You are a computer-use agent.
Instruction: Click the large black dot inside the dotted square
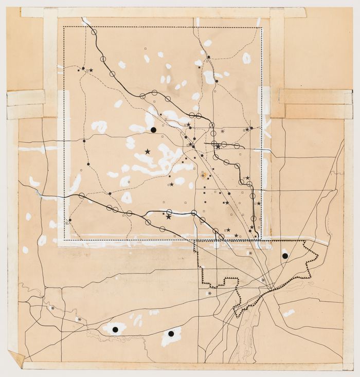pos(153,130)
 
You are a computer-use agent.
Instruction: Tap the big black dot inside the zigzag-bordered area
pos(284,255)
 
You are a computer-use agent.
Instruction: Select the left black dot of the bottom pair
pos(116,328)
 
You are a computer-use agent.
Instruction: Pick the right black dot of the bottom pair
pos(171,333)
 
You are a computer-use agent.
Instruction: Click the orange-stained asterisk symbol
pos(203,175)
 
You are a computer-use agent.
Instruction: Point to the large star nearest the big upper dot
pos(148,151)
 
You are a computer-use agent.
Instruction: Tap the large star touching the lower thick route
pos(169,217)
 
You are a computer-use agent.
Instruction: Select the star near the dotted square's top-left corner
pos(91,70)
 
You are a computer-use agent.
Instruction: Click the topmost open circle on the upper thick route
pos(94,32)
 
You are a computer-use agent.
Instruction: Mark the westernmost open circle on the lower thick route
pos(81,195)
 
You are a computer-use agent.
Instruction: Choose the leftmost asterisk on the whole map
pos(53,308)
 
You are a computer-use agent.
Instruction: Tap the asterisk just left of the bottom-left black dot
pos(79,319)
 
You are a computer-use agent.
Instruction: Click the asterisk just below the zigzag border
pos(209,293)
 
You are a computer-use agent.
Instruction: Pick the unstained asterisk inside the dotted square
pos(222,131)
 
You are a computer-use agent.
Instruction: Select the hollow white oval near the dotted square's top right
pos(246,58)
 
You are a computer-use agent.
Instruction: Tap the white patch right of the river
pos(289,312)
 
